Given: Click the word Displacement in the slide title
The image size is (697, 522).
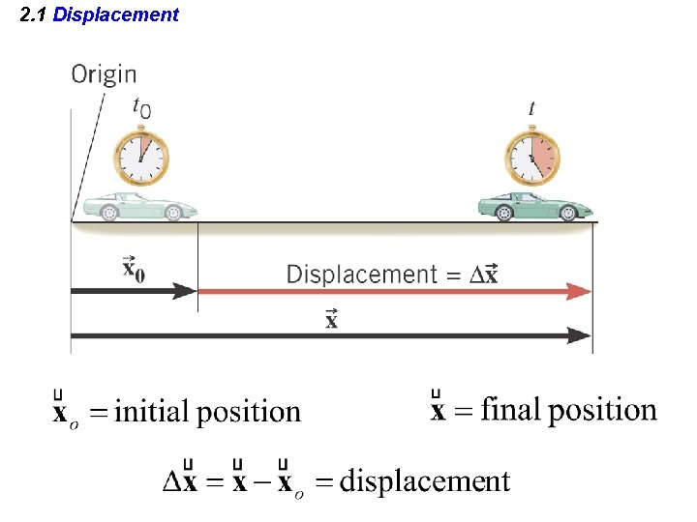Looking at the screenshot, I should (x=116, y=14).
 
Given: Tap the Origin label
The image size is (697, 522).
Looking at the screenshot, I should (x=104, y=74).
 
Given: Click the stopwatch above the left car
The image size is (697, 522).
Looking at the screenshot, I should (x=142, y=158).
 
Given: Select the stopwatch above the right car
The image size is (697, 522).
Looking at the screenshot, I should (x=531, y=158).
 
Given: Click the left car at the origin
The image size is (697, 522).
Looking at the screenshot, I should (x=139, y=206).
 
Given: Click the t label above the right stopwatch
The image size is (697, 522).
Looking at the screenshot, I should (x=530, y=108).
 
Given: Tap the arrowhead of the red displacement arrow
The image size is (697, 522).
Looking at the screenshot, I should (x=580, y=291).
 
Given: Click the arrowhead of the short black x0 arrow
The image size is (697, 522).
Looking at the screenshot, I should (x=186, y=290).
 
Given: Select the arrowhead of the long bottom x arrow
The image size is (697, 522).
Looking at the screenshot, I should (x=580, y=335).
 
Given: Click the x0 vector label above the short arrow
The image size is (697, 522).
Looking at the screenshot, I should (x=133, y=267).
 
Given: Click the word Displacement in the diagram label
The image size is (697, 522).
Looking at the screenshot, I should (x=362, y=275).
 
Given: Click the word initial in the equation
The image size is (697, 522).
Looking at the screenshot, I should (x=152, y=412).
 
